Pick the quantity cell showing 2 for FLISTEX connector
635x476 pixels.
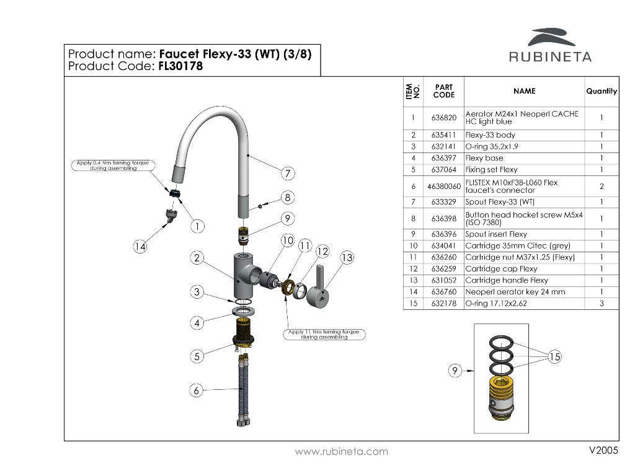click(602, 186)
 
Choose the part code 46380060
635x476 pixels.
click(443, 186)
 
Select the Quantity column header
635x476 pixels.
click(602, 91)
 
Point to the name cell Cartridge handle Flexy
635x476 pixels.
click(507, 280)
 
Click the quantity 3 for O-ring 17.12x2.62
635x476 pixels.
click(602, 304)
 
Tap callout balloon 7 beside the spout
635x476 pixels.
click(287, 172)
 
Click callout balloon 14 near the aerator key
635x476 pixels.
click(141, 247)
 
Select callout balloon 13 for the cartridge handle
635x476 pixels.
click(347, 257)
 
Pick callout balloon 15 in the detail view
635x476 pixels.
click(554, 356)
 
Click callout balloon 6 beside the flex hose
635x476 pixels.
click(197, 390)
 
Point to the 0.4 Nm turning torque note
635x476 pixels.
click(112, 165)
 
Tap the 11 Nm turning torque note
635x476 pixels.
click(326, 335)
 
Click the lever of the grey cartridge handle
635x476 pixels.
click(321, 276)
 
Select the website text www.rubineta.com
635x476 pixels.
click(341, 452)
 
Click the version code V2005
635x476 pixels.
click(603, 451)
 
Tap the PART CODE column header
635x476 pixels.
click(443, 91)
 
